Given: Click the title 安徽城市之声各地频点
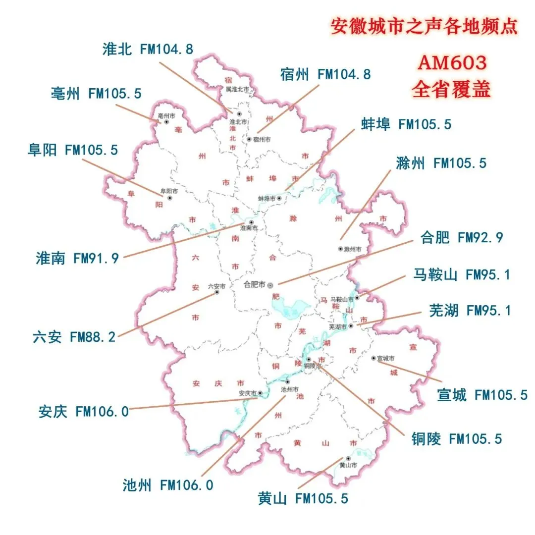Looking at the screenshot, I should pyautogui.click(x=424, y=26).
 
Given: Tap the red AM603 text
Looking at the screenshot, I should pyautogui.click(x=452, y=63).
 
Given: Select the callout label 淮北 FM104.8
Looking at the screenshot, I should pyautogui.click(x=148, y=49).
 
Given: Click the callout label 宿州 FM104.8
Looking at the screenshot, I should pyautogui.click(x=325, y=74).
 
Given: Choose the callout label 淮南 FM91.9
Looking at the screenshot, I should pyautogui.click(x=77, y=258).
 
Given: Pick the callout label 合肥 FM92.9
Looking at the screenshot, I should pyautogui.click(x=462, y=238).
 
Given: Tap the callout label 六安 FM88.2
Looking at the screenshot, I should pyautogui.click(x=74, y=337).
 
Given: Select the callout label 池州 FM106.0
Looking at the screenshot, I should pyautogui.click(x=168, y=485).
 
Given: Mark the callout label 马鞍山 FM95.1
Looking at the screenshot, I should pyautogui.click(x=461, y=274).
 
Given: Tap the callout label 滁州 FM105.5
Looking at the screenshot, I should pyautogui.click(x=441, y=162).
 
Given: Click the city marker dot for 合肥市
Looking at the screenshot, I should pyautogui.click(x=270, y=285).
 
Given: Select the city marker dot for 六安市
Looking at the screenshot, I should pyautogui.click(x=216, y=292).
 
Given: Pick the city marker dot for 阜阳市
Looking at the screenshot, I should pyautogui.click(x=170, y=198).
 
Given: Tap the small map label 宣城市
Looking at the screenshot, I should pyautogui.click(x=385, y=358).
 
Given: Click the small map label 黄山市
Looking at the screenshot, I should pyautogui.click(x=348, y=465).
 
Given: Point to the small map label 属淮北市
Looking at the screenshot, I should pyautogui.click(x=237, y=90).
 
